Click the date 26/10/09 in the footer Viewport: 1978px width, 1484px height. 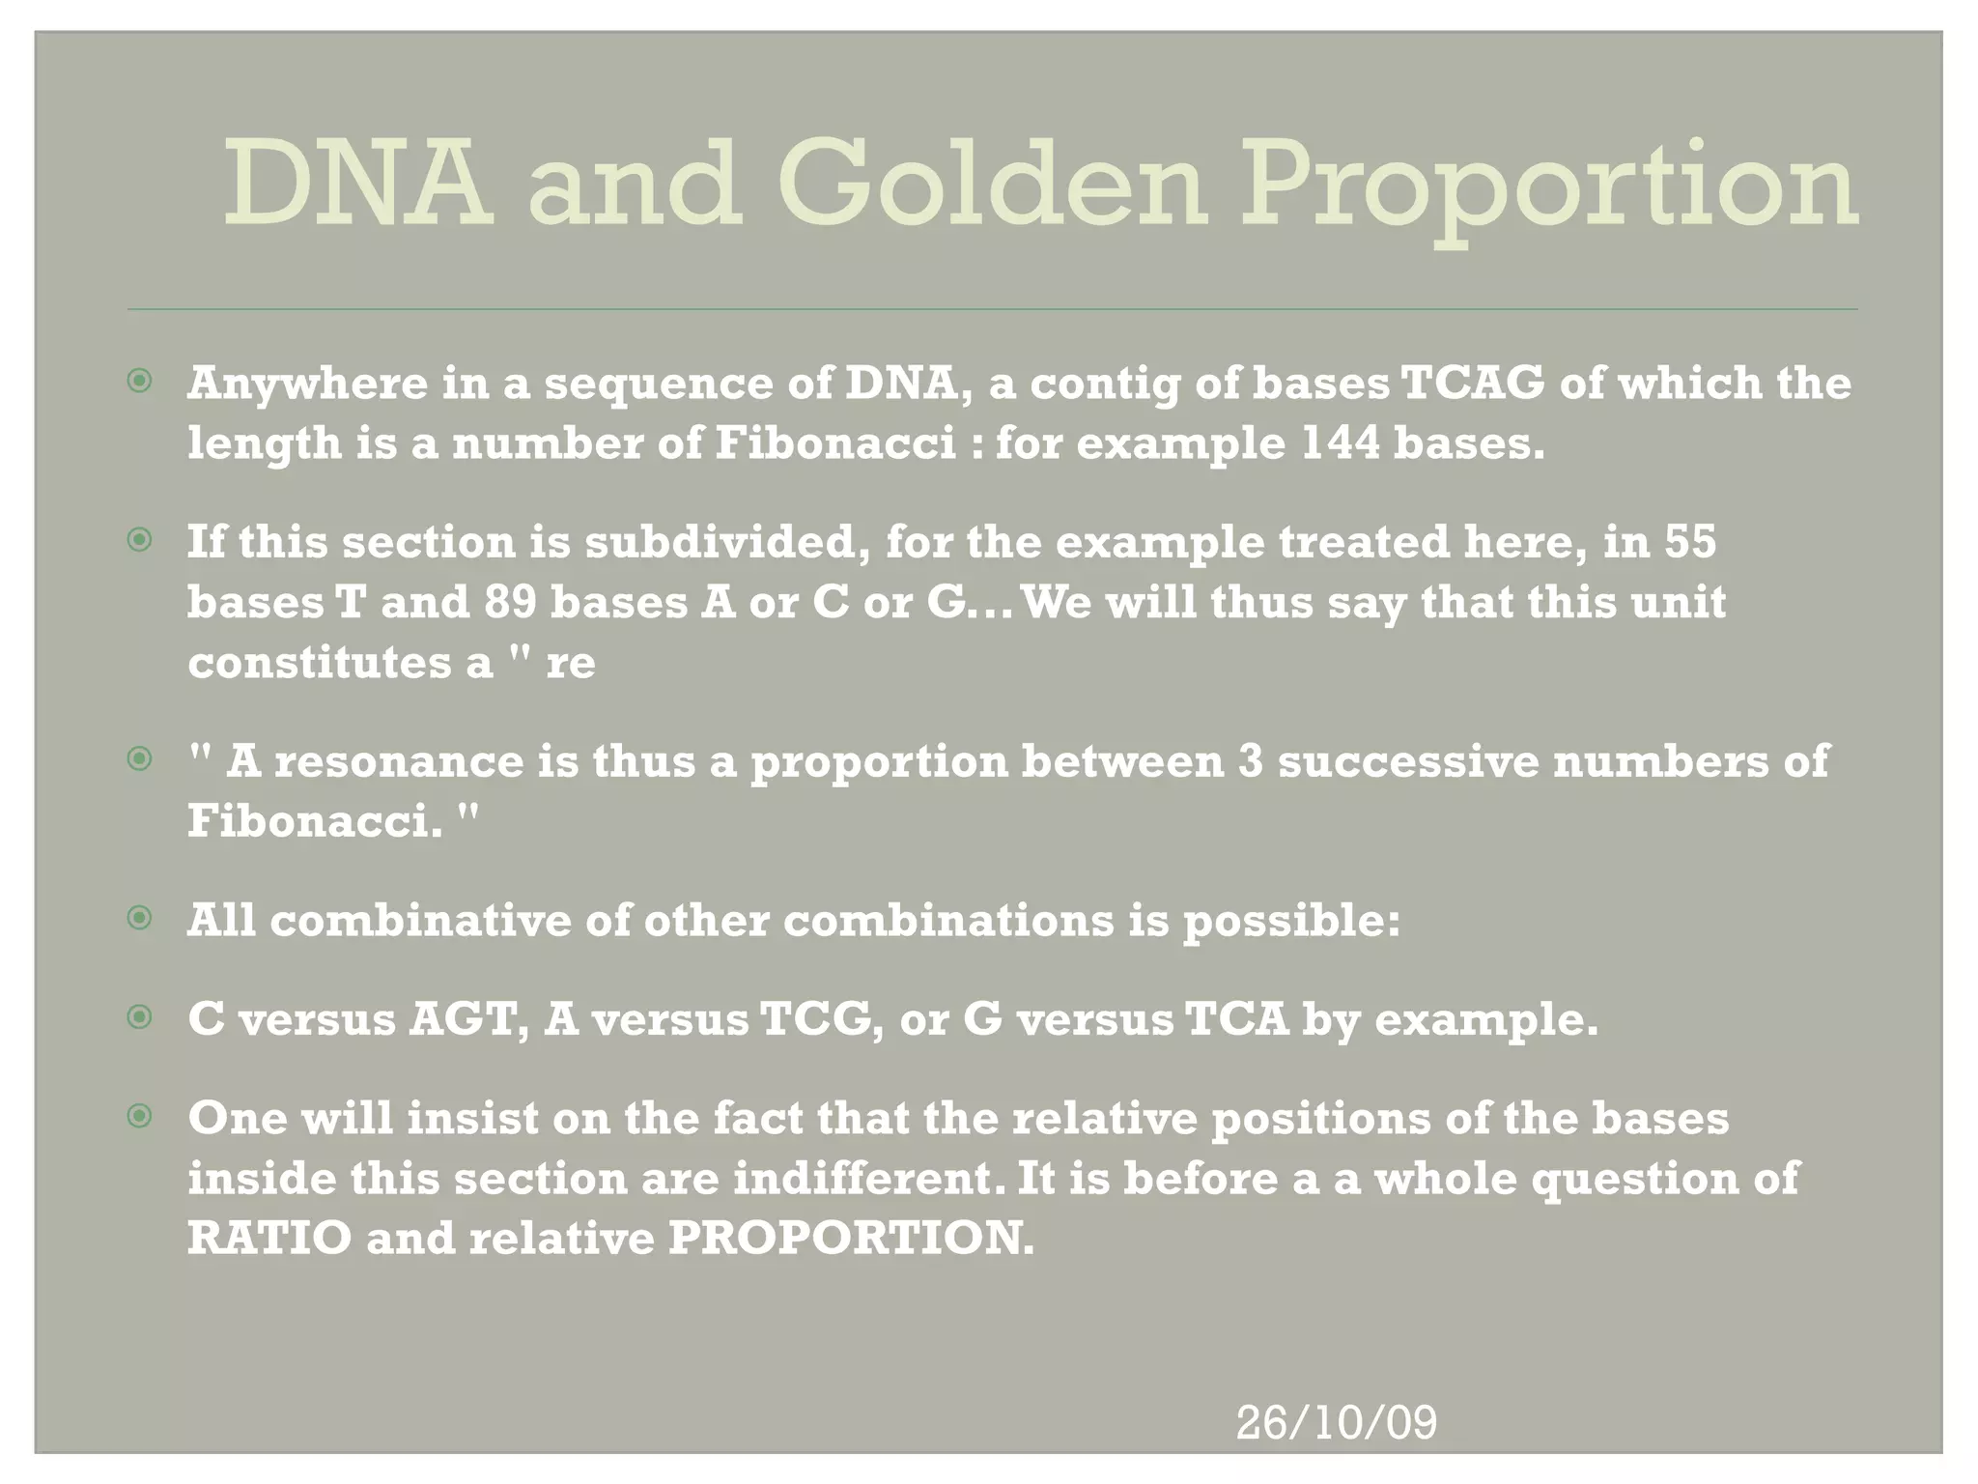(1336, 1423)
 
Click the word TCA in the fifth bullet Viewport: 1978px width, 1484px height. (1235, 1019)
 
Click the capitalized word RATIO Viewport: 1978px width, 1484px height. (269, 1239)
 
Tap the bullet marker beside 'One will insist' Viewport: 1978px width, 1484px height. (140, 1118)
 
